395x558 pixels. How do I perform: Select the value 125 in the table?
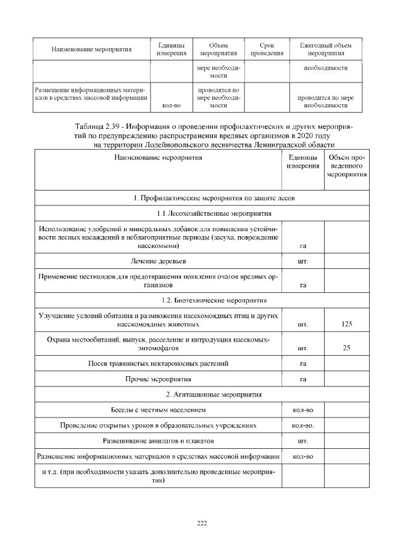point(346,323)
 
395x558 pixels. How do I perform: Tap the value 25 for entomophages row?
point(346,348)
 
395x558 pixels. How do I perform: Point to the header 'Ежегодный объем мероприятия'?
point(325,49)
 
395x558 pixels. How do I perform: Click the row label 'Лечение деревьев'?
point(158,261)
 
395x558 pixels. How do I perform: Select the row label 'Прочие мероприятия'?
point(158,379)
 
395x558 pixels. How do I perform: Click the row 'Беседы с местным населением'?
point(158,409)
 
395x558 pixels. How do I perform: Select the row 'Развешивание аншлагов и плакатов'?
point(158,441)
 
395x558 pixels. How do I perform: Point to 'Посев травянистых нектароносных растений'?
point(158,363)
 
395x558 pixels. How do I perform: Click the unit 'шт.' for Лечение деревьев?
point(302,262)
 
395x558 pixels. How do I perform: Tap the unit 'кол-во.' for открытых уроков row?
point(302,425)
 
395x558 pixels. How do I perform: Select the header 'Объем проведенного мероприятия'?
point(346,166)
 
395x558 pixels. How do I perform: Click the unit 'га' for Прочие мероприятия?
point(302,379)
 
